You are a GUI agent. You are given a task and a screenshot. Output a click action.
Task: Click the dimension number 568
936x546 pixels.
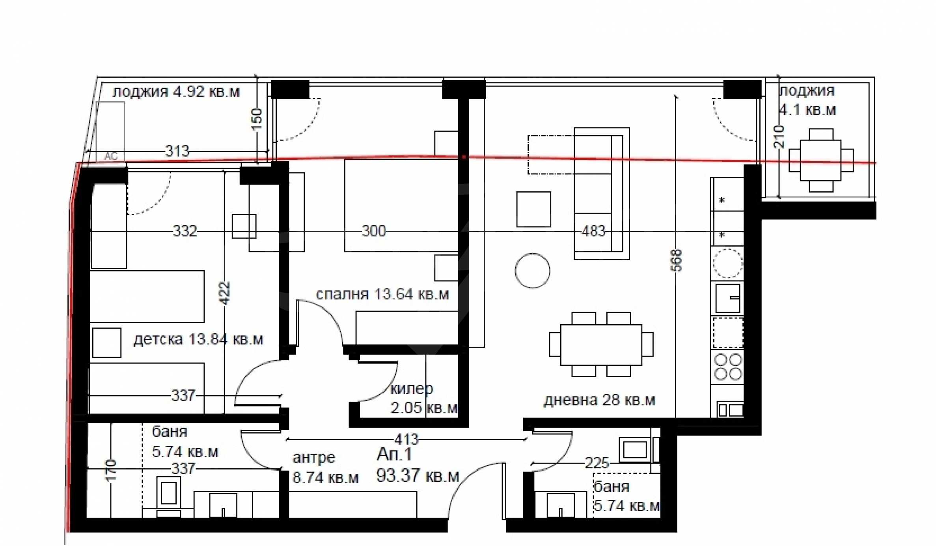coord(677,260)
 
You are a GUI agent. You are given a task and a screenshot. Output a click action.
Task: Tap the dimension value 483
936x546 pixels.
coord(593,231)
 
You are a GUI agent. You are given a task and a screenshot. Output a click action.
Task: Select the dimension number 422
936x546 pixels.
coord(224,293)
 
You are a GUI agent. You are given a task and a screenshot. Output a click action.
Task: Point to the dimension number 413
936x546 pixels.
coord(406,439)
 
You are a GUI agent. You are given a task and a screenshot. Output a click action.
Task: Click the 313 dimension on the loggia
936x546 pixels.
coord(177,151)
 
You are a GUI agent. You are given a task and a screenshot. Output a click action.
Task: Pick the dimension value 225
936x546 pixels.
coord(597,463)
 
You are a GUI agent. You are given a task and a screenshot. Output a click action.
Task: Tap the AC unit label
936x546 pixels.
coord(111,156)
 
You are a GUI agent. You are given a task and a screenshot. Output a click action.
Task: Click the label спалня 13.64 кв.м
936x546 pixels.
coord(382,294)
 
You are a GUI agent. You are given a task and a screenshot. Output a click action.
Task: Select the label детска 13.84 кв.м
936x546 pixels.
coord(198,339)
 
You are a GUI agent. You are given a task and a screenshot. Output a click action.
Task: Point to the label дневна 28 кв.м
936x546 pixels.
coord(599,400)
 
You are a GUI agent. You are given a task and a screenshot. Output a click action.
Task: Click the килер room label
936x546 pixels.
coord(412,389)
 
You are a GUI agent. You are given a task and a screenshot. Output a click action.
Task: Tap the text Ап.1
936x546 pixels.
coord(394,454)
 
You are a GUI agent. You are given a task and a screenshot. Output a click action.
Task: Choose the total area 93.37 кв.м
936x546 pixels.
coord(418,476)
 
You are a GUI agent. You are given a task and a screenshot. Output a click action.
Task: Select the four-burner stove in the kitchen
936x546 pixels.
coord(728,367)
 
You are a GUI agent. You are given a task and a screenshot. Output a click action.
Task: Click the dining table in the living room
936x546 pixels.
coord(601,345)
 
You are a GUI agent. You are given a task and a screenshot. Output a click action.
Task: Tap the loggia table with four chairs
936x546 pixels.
coord(821,160)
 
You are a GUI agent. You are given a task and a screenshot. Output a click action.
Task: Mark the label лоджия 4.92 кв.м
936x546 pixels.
coord(176,92)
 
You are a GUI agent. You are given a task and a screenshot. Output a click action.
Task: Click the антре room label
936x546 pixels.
coord(314,458)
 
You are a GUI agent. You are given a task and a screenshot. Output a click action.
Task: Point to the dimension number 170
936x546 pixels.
coord(112,470)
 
